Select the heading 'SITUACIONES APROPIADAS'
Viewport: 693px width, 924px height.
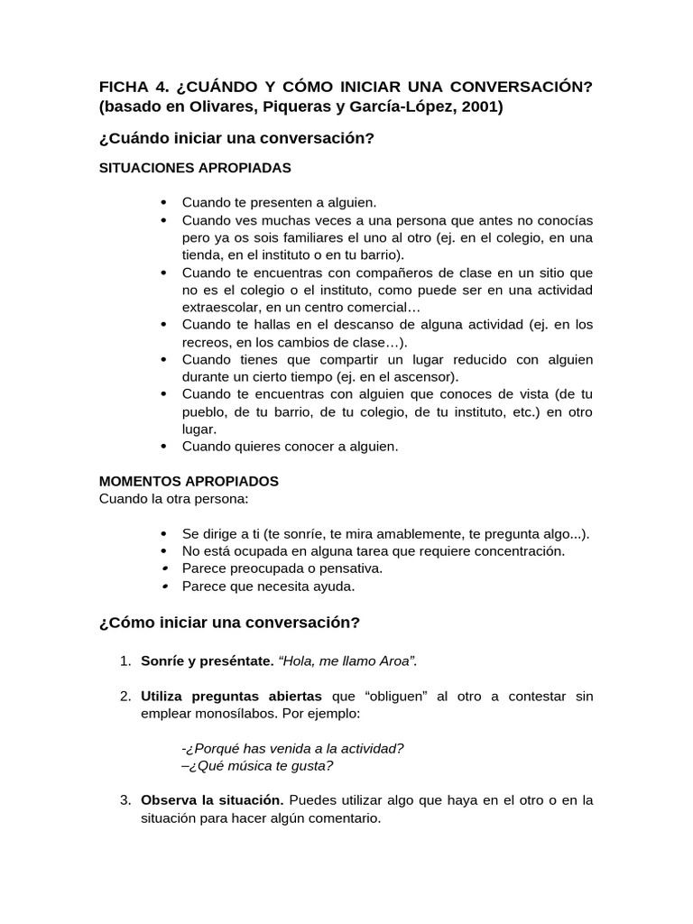[195, 168]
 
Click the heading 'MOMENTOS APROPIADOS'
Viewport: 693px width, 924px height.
[189, 481]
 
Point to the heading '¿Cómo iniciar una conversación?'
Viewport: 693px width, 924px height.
[229, 623]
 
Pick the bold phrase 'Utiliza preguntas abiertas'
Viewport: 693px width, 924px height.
[231, 697]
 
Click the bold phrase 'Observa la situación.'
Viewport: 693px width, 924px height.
[212, 800]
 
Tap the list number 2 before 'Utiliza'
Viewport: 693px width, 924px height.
[125, 697]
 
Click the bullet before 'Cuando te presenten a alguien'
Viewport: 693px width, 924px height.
[162, 202]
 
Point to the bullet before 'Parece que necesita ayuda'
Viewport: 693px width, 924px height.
[162, 587]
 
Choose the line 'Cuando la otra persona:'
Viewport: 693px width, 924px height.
[173, 498]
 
